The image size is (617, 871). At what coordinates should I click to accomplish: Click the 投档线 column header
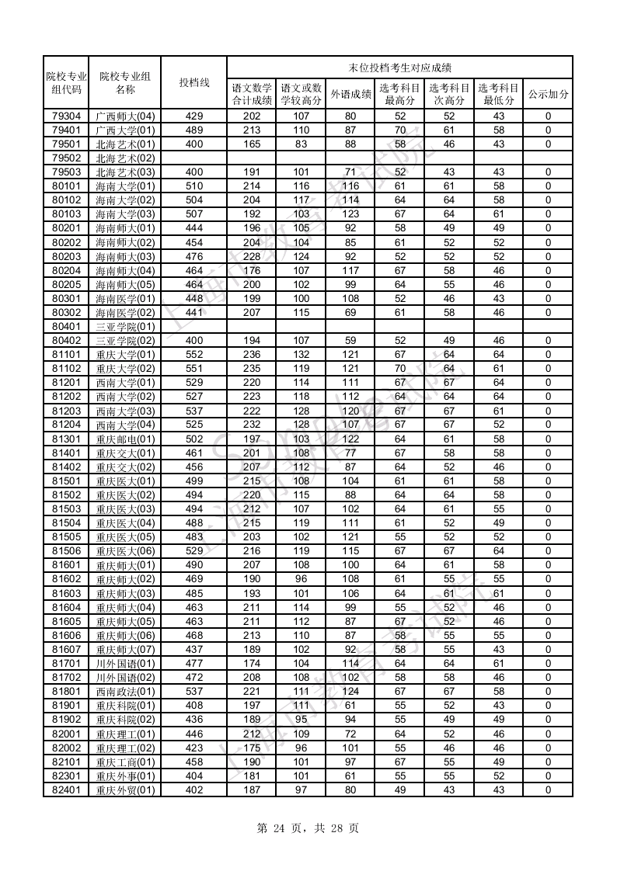[193, 82]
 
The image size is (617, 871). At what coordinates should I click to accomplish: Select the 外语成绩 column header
[350, 94]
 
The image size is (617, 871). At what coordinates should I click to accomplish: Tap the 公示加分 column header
[548, 94]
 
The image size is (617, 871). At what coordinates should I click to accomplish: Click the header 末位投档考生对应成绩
[399, 68]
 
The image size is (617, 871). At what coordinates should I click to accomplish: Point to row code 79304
[66, 116]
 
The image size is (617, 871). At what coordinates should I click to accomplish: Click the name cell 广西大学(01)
[125, 130]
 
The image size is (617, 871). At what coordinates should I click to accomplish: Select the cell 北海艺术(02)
[125, 158]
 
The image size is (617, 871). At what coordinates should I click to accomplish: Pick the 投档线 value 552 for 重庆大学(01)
[193, 354]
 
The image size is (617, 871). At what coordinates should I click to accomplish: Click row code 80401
[66, 326]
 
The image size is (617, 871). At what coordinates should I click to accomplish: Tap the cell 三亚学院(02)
[125, 340]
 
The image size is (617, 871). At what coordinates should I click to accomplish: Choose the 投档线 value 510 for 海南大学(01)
[193, 186]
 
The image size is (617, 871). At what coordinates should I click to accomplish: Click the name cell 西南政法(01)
[125, 691]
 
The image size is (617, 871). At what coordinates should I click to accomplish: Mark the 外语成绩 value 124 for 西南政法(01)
[350, 691]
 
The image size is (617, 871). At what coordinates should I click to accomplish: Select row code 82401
[66, 789]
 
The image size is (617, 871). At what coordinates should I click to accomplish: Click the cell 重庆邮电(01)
[125, 439]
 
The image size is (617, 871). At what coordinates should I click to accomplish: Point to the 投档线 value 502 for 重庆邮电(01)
[193, 439]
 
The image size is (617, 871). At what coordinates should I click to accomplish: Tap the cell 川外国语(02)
[125, 677]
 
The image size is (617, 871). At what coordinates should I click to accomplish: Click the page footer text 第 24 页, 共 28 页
[308, 828]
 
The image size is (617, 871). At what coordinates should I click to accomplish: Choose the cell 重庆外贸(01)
[125, 789]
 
